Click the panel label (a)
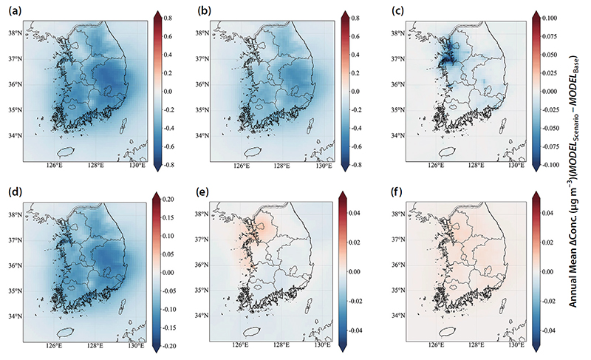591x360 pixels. pos(15,11)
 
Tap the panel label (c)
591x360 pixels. pos(397,11)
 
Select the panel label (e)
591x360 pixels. pos(203,192)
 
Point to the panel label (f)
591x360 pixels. pos(397,192)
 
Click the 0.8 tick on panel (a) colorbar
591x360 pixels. pos(168,18)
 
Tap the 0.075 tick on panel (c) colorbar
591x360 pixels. pos(550,36)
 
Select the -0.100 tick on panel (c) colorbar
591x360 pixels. pos(548,165)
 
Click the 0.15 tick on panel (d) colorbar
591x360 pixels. pos(169,217)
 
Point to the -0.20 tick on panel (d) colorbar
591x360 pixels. pos(168,346)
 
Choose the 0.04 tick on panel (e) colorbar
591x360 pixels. pos(355,213)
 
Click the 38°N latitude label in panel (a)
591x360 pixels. pos(15,33)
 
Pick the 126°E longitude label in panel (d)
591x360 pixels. pos(54,347)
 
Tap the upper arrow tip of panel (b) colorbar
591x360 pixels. pos(345,11)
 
